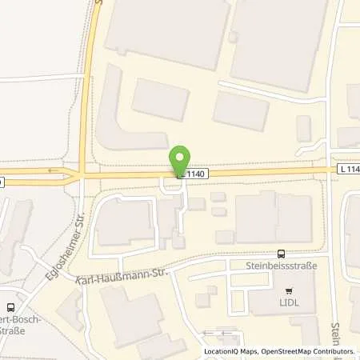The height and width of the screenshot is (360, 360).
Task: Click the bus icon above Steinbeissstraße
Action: click(x=280, y=253)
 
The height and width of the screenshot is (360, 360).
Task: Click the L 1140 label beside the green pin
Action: click(x=194, y=173)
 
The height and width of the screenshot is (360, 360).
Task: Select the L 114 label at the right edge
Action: click(x=348, y=170)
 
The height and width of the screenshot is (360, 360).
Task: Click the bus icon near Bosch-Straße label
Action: click(x=11, y=306)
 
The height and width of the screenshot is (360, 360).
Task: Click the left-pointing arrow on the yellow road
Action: click(x=54, y=170)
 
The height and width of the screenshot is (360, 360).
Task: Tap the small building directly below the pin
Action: click(x=178, y=241)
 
